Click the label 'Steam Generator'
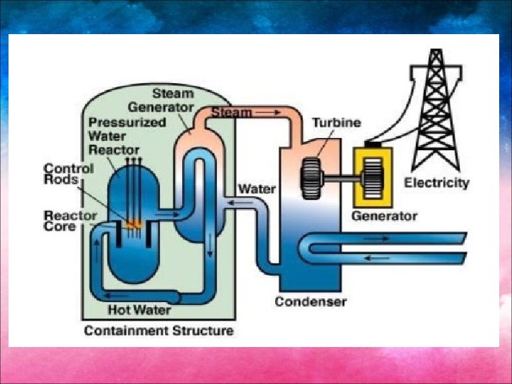tap(164, 100)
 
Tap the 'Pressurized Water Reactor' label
tap(117, 136)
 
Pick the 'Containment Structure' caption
tap(158, 331)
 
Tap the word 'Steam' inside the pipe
tap(231, 112)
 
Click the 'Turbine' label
tap(336, 122)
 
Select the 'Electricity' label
tap(437, 183)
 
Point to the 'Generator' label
tap(385, 215)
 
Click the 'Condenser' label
tap(311, 302)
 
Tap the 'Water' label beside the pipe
tap(257, 189)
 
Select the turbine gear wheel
tap(312, 178)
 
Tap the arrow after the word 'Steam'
tap(267, 112)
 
